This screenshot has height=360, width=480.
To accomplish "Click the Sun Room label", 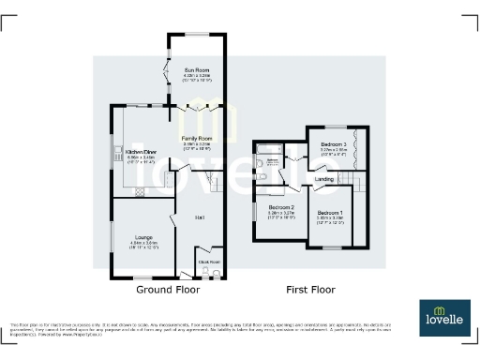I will pos(197,69).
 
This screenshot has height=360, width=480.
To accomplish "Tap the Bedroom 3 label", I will pos(335,143).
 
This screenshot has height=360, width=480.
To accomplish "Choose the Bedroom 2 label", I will pos(281,206).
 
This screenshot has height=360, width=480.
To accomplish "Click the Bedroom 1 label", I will pos(330,213).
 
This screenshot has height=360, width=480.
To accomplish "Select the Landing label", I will pos(324,178).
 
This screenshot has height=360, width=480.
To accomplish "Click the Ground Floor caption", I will pos(168,291).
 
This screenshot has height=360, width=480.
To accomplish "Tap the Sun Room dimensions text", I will pos(197,79).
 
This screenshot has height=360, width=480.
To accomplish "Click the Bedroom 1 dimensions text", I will pos(330,221).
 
